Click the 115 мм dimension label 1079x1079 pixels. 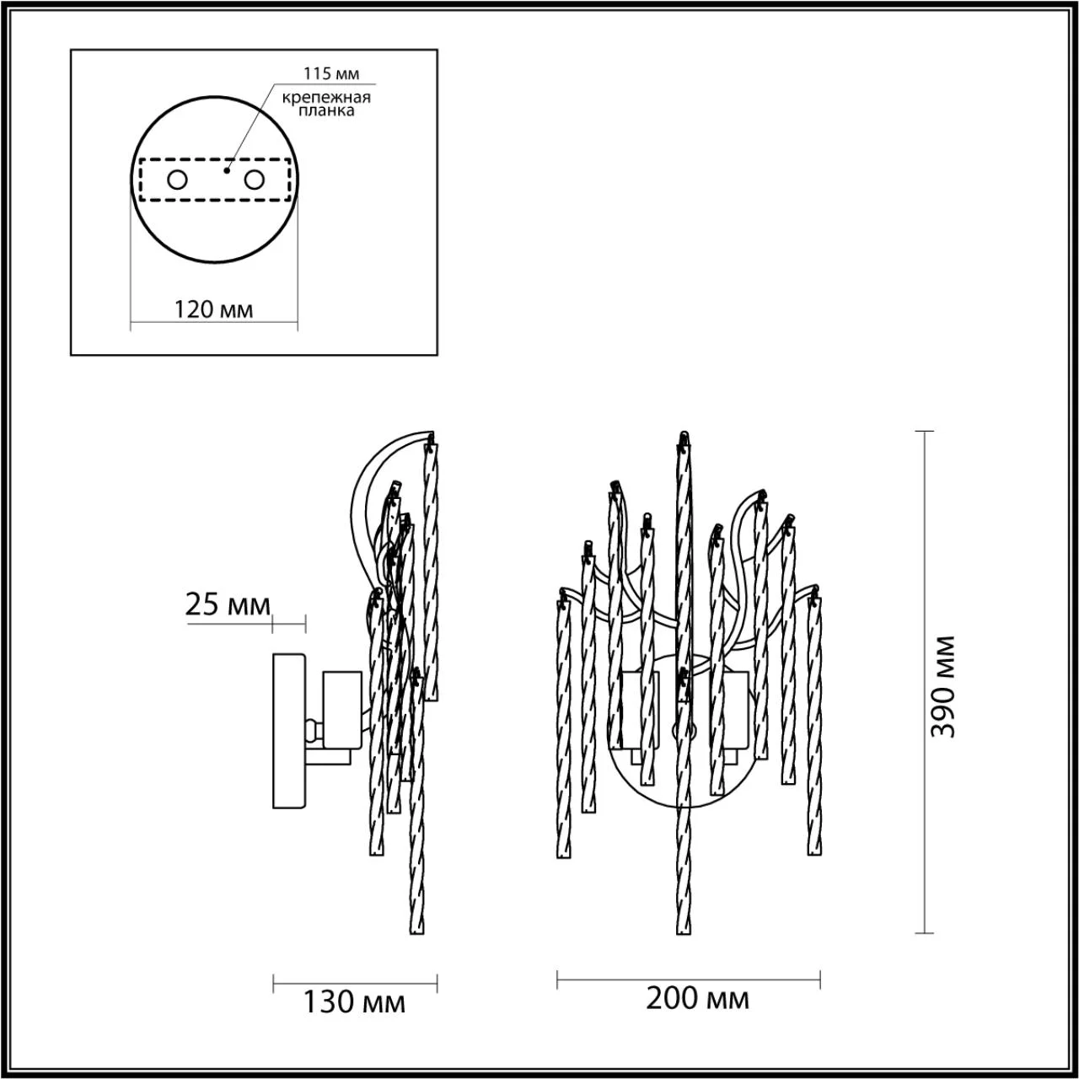[x=331, y=73]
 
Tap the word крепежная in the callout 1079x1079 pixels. [x=326, y=98]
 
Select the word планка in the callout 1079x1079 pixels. [x=326, y=110]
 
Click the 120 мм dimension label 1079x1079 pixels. [x=214, y=309]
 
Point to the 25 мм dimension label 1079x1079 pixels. [x=228, y=604]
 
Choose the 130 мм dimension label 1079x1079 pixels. [x=354, y=1002]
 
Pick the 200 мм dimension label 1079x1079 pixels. [x=697, y=998]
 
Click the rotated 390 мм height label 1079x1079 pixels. [x=943, y=686]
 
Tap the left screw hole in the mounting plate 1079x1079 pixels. [x=178, y=180]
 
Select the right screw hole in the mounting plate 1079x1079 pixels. [x=254, y=180]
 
